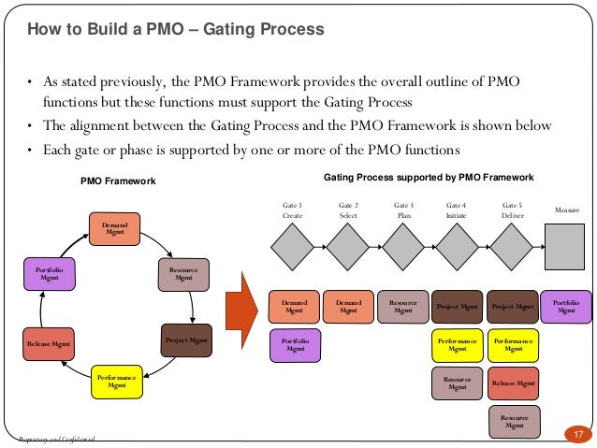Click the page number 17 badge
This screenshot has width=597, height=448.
point(577,434)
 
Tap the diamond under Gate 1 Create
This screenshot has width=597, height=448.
point(293,249)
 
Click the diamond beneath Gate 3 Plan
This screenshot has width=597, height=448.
point(403,249)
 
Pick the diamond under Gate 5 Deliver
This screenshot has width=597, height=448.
point(513,249)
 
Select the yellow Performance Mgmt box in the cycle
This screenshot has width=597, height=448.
point(116,381)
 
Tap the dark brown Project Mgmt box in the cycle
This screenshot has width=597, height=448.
point(185,340)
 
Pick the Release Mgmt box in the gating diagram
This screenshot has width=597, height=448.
point(513,383)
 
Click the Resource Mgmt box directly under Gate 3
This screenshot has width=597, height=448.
point(402,306)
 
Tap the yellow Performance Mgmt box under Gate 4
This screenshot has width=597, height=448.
point(457,344)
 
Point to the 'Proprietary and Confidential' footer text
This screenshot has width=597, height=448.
point(56,440)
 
